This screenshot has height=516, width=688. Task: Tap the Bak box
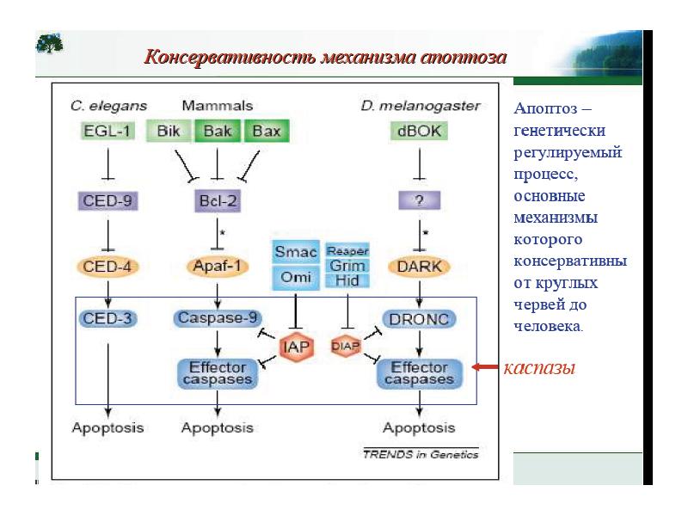[218, 132]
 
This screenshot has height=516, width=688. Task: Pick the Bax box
[267, 132]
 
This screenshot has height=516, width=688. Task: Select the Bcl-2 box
[218, 202]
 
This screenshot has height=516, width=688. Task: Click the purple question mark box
[419, 202]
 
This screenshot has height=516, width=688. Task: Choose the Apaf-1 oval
[218, 267]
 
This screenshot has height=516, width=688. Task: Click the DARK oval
[419, 267]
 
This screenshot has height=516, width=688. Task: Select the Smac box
[295, 252]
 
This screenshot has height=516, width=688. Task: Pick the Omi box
[295, 278]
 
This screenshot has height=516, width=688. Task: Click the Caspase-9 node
[218, 317]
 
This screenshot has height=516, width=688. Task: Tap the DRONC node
[419, 318]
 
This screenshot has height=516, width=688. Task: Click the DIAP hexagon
[346, 347]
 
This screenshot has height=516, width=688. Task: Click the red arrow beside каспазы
[486, 368]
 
